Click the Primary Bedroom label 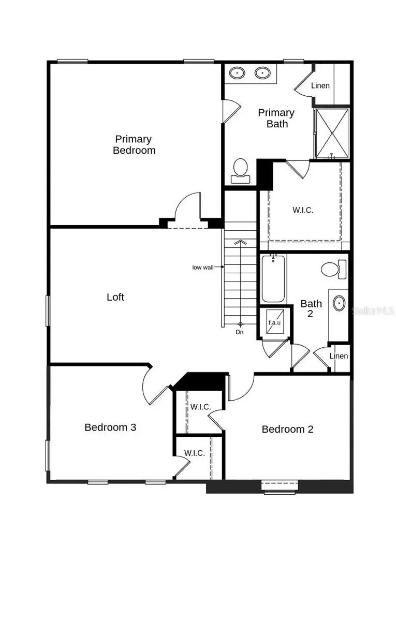coord(134,145)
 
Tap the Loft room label coord(115,297)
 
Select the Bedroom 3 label coord(110,427)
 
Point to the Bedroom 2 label coord(287,429)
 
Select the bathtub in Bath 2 coord(273,279)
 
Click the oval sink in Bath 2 coord(340,303)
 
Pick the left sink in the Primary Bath coord(238,73)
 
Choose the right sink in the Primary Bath coord(263,73)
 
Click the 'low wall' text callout coord(203,268)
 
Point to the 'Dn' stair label coord(240,332)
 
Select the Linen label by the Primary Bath coord(320,85)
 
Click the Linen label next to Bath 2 coord(339,356)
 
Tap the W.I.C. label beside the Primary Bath coord(303,210)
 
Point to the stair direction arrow coord(240,242)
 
